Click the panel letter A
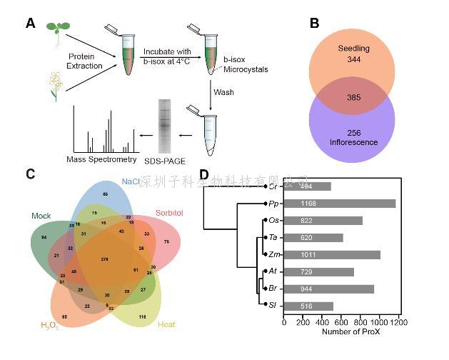[30, 23]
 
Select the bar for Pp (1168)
[339, 204]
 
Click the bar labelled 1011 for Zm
[332, 254]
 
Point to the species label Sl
[273, 306]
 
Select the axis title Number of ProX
[340, 332]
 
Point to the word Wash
[223, 91]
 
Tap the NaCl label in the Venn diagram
[131, 181]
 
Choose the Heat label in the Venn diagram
[166, 325]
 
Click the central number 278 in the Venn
[105, 259]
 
